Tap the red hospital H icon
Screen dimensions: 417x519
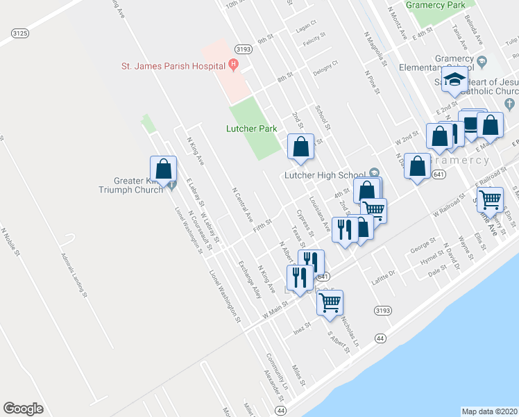[234, 65]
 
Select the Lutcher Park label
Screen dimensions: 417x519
[251, 128]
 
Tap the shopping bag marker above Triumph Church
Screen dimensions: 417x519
[164, 169]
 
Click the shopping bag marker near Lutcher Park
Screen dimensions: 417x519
[300, 147]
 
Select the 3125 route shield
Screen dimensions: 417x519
[20, 33]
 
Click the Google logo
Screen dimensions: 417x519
[24, 408]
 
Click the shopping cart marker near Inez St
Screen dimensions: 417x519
[330, 302]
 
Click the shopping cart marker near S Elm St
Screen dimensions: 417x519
[490, 199]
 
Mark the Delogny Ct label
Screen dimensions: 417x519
[325, 66]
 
